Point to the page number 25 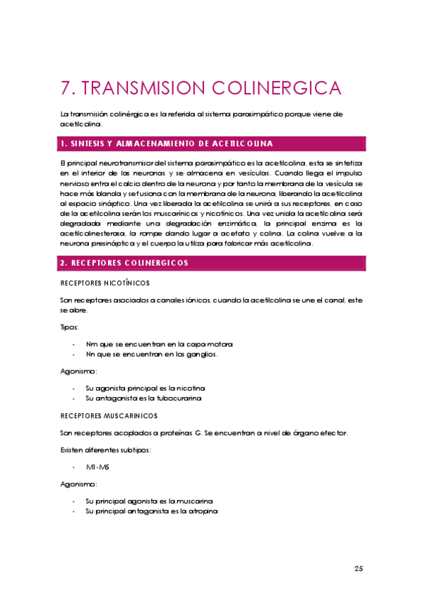358,568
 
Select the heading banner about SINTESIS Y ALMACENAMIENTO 212,144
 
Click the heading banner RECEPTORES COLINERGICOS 212,263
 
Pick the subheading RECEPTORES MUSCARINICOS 109,415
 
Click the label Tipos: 70,327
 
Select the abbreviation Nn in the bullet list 90,354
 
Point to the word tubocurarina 179,398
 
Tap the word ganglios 202,354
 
